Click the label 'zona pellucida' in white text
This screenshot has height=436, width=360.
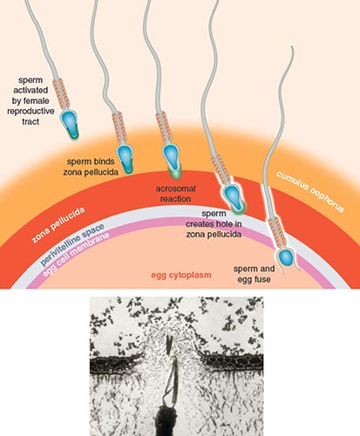58,225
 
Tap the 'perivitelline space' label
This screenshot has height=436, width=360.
72,244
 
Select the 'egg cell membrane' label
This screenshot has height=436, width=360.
76,254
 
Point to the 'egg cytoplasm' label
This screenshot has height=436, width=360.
181,275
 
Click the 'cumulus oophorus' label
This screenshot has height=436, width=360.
310,192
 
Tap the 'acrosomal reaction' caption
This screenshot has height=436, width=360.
175,194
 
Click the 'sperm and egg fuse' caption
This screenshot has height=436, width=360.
254,274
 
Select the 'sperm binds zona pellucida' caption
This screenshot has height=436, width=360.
91,167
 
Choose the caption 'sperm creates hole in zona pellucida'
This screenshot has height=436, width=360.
214,224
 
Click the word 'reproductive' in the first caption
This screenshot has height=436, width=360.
31,112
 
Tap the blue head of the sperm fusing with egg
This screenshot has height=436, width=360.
285,257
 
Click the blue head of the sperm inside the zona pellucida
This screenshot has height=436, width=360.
233,197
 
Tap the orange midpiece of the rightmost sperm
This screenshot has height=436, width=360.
276,233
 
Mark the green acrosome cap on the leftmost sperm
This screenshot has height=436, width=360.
72,133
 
